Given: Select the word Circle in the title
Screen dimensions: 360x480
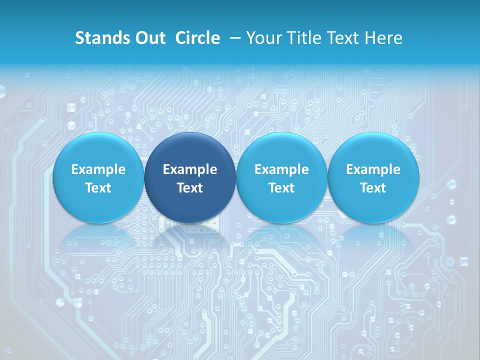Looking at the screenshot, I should (x=197, y=38).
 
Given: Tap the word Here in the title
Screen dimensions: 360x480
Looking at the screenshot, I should (x=383, y=38).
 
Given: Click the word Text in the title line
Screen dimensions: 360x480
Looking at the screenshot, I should (x=344, y=38).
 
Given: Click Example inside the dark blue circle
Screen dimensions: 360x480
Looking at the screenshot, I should (x=190, y=169).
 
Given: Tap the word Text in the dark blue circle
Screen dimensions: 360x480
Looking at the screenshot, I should (x=190, y=188).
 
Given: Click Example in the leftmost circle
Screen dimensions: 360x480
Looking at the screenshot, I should (x=98, y=169).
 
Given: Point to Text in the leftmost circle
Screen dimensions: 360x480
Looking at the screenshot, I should (x=98, y=188).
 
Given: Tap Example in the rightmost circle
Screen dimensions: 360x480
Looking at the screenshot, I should (x=373, y=169).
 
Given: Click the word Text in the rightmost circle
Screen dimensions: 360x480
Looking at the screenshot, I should (x=373, y=188).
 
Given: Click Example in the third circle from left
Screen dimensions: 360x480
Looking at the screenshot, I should (x=281, y=169).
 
